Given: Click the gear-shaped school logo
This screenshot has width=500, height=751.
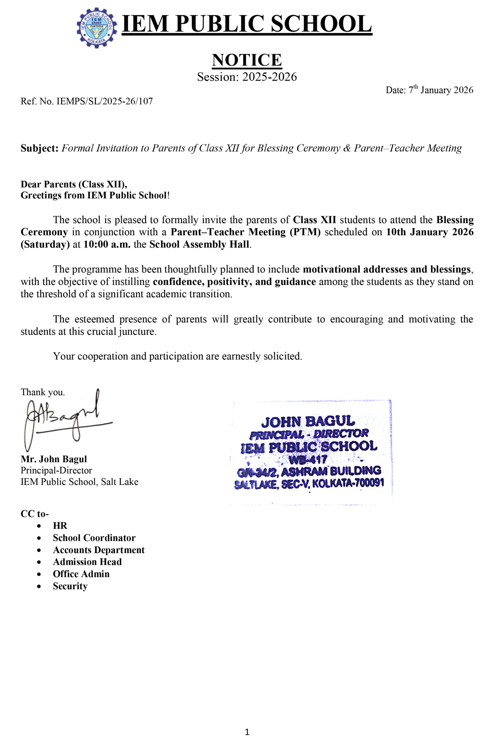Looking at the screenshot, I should click(97, 28).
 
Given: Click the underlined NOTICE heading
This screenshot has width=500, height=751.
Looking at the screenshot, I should click(247, 60).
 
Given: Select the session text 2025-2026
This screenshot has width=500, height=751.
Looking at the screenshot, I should click(269, 77).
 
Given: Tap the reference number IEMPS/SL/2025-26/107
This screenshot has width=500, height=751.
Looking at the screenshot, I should click(104, 102).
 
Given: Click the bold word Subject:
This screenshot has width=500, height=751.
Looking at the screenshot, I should click(40, 148).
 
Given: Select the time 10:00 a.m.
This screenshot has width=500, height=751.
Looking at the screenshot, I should click(107, 244).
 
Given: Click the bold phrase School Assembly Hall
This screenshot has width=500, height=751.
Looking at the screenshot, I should click(199, 244).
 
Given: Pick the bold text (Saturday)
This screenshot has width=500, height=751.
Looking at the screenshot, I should click(45, 244).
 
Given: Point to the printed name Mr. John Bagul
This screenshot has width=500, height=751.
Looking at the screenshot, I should click(54, 459).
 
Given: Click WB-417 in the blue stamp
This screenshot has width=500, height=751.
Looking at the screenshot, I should click(308, 459).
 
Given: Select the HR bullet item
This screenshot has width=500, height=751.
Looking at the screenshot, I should click(60, 526).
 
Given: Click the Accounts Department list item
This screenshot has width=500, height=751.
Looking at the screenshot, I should click(99, 550).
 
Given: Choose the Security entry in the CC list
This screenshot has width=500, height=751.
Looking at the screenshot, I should click(70, 586).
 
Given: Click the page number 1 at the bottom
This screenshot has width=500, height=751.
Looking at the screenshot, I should click(247, 732).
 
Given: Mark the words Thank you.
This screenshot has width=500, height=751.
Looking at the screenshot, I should click(43, 392).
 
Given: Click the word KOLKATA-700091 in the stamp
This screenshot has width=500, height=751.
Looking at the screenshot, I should click(348, 483).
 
